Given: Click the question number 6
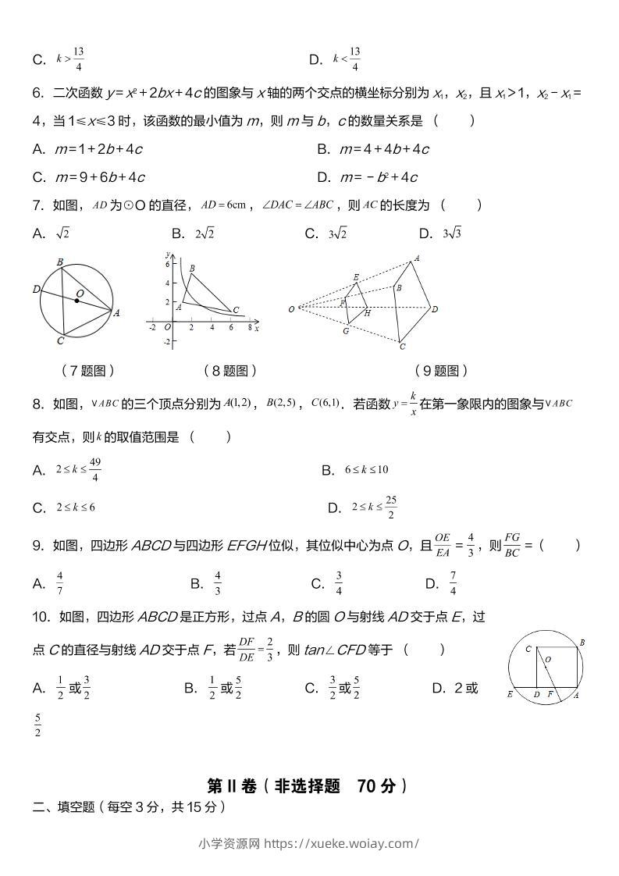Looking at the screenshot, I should tap(37, 94).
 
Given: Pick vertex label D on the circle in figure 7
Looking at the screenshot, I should tap(36, 289).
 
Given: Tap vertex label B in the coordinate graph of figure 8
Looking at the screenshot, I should tap(192, 268).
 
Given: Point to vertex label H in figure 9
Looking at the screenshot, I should tap(368, 313).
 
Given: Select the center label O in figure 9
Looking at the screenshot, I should tap(291, 309).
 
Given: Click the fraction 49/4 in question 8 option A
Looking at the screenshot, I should tap(94, 470).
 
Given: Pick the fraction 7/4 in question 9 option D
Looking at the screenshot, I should tap(453, 583).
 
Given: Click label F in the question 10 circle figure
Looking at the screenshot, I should tap(550, 693).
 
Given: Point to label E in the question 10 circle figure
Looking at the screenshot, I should tap(510, 693).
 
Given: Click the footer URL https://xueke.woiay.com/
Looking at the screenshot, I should tap(341, 843).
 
